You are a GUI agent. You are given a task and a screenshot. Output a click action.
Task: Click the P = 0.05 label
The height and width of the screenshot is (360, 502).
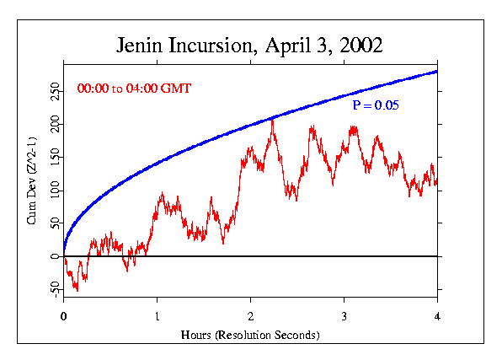point(376,105)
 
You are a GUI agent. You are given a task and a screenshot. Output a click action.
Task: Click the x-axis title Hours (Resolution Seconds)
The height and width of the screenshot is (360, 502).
point(250,335)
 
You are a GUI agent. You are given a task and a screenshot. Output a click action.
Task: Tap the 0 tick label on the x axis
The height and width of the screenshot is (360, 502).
point(64,318)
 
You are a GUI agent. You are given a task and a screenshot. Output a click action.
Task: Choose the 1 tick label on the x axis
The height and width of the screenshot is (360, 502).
point(158,318)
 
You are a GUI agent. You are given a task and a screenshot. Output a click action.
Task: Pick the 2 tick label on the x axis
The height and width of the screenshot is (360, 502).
point(251,318)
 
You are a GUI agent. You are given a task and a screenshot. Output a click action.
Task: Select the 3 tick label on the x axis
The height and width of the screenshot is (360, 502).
point(344,318)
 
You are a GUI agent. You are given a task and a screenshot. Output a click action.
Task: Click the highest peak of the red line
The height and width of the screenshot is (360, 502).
point(272,120)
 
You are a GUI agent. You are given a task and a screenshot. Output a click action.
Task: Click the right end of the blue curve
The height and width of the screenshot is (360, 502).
point(437,71)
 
